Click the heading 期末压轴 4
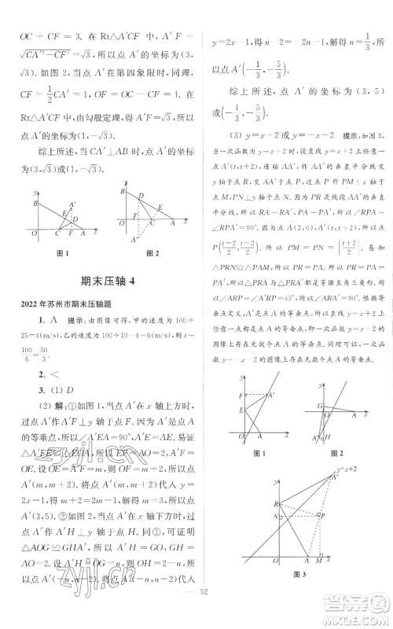[102, 282]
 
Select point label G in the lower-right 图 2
[311, 406]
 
